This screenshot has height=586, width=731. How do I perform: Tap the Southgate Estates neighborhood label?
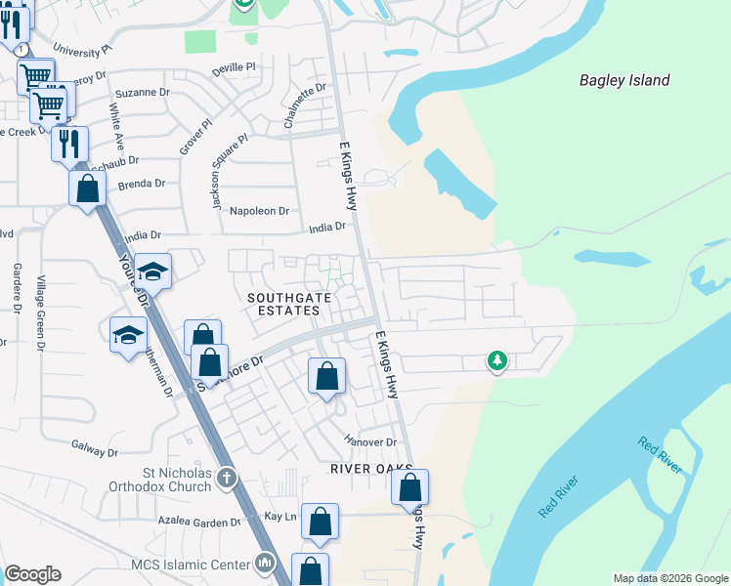pyautogui.click(x=283, y=303)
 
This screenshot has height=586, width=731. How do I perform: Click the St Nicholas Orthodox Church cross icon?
pyautogui.click(x=227, y=478)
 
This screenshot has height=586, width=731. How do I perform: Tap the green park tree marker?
pyautogui.click(x=497, y=361)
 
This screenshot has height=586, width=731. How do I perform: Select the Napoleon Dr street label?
pyautogui.click(x=260, y=210)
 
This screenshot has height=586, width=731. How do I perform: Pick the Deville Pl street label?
pyautogui.click(x=234, y=67)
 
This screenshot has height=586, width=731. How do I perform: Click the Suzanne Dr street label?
pyautogui.click(x=143, y=93)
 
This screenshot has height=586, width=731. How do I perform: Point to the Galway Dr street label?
pyautogui.click(x=94, y=452)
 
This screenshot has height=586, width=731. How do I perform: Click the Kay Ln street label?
pyautogui.click(x=279, y=515)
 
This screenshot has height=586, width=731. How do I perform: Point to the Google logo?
pyautogui.click(x=32, y=574)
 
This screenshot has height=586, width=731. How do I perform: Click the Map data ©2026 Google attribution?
pyautogui.click(x=670, y=578)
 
